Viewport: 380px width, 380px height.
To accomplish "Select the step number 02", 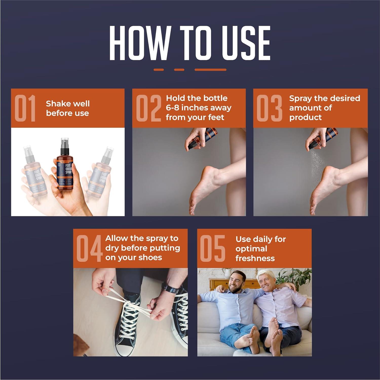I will [x=149, y=108].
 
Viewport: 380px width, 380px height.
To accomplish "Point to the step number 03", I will [x=269, y=108].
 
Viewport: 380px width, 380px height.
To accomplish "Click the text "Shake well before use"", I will [x=68, y=108].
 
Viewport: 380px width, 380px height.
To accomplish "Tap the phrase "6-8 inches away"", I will [x=199, y=108].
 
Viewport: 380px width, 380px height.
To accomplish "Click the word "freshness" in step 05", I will [x=255, y=258].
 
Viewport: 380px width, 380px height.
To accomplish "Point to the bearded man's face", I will [x=237, y=281].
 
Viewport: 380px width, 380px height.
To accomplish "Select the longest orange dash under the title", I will [x=210, y=70].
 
